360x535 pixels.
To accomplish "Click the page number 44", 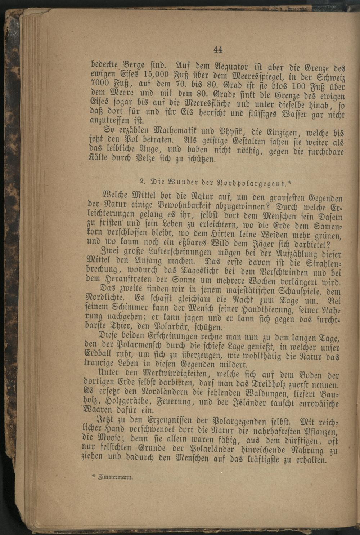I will click(218, 50).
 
